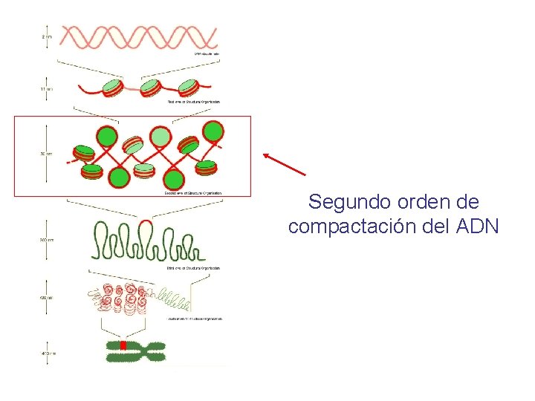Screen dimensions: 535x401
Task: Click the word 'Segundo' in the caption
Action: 343,202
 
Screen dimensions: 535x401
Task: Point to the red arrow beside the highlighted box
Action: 284,164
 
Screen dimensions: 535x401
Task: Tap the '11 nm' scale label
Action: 46,88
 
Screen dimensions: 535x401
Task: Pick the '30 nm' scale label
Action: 46,154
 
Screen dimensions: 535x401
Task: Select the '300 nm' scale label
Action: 46,239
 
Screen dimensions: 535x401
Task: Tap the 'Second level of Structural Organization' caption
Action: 192,193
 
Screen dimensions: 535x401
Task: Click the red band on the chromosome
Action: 123,346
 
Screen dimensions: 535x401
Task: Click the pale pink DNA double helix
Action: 138,36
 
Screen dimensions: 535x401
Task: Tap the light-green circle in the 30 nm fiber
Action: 160,136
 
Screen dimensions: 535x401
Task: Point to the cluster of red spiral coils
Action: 123,299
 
